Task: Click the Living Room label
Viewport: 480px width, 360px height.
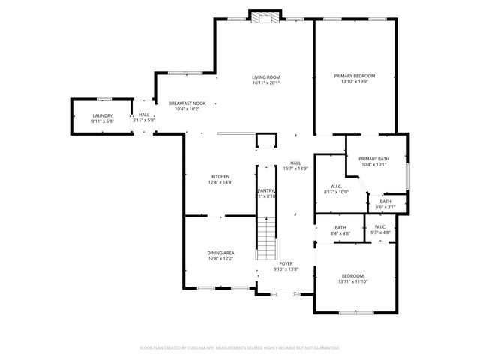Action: [x=265, y=76]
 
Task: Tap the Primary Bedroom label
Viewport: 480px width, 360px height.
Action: [x=354, y=76]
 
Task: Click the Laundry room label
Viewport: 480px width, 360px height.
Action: [x=102, y=115]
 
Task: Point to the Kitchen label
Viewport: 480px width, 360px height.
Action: [x=220, y=176]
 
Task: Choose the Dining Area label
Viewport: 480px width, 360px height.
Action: [x=220, y=253]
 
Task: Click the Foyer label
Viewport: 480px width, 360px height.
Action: [x=286, y=263]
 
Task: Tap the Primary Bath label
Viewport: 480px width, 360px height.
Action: [x=373, y=158]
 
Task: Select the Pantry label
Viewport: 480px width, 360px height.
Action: [x=267, y=191]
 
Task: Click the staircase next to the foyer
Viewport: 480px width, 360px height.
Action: [x=267, y=236]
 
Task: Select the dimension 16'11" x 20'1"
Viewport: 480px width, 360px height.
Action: [x=265, y=82]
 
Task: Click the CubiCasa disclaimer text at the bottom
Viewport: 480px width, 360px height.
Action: [x=240, y=348]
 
